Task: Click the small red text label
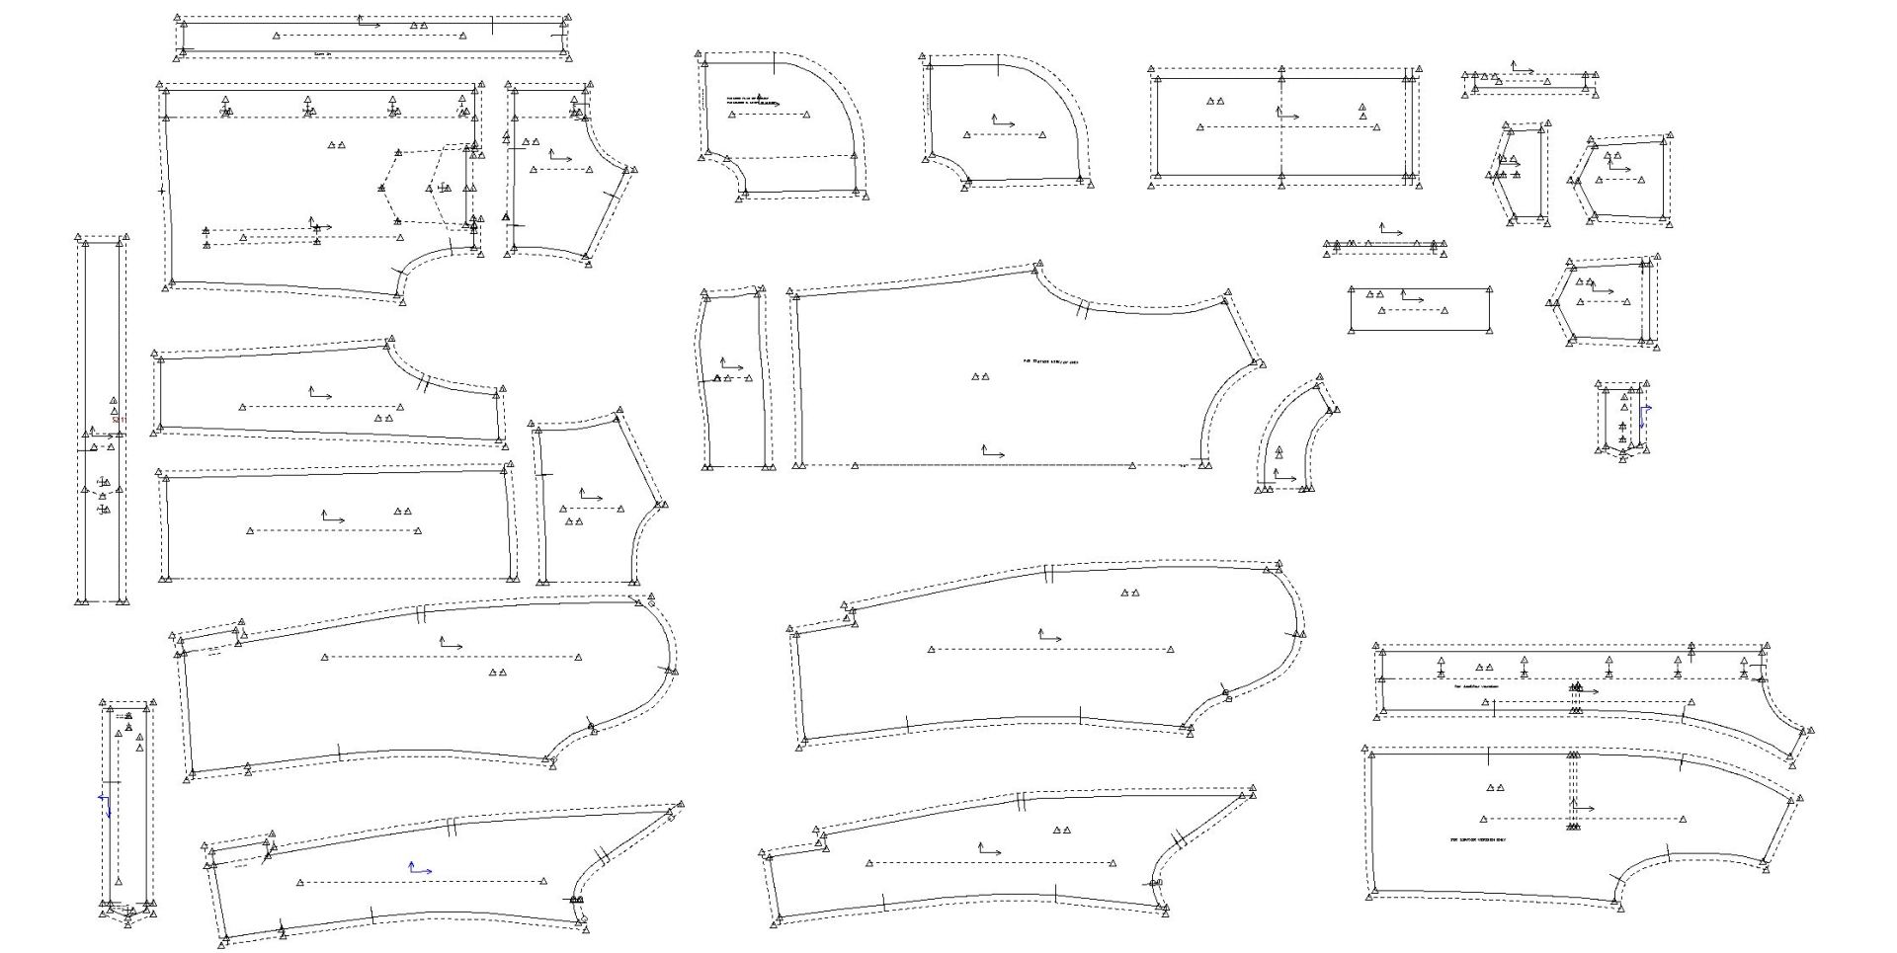pyautogui.click(x=118, y=420)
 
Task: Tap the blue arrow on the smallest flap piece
pyautogui.click(x=1644, y=415)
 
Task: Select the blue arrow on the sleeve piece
pyautogui.click(x=420, y=869)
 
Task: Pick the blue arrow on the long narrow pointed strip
pyautogui.click(x=106, y=805)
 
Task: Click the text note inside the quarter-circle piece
pyautogui.click(x=748, y=100)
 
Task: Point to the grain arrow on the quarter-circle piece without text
pyautogui.click(x=1003, y=122)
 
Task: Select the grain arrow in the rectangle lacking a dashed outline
pyautogui.click(x=1411, y=297)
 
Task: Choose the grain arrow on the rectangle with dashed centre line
pyautogui.click(x=1286, y=115)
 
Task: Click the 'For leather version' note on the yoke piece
pyautogui.click(x=1476, y=686)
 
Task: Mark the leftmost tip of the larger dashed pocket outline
pyautogui.click(x=380, y=189)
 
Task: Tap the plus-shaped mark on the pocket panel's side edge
pyautogui.click(x=161, y=189)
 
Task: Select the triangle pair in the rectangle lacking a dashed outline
pyautogui.click(x=1374, y=293)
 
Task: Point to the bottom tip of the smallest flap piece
pyautogui.click(x=1621, y=458)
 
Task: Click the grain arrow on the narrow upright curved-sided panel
pyautogui.click(x=731, y=366)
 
